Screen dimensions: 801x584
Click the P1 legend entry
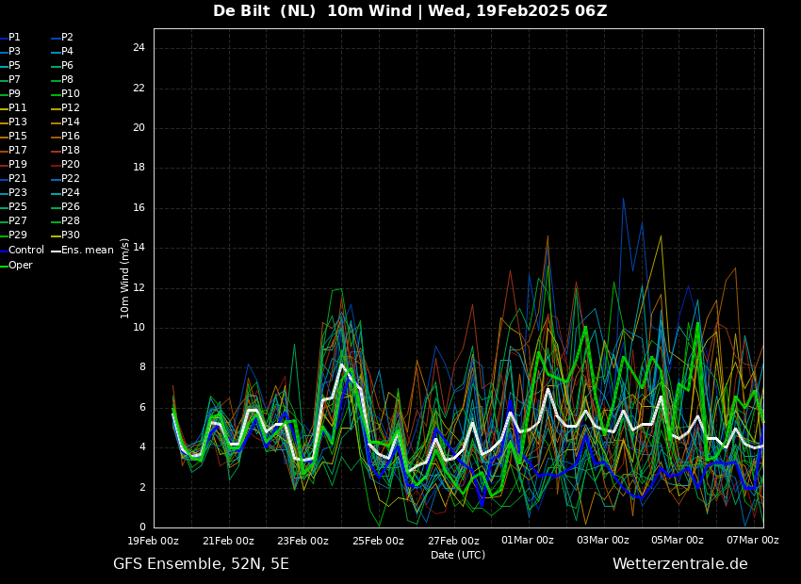(x=10, y=38)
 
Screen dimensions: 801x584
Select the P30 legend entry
(x=65, y=235)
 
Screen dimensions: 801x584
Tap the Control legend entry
(x=22, y=251)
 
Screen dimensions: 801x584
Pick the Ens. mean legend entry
(x=82, y=251)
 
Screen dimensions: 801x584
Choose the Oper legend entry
(x=16, y=265)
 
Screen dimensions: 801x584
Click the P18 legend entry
(x=65, y=150)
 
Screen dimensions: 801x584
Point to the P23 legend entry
(x=13, y=192)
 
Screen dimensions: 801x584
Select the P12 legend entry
(x=65, y=107)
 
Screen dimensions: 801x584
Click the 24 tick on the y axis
(x=139, y=48)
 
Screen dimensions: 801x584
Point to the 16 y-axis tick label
(x=139, y=208)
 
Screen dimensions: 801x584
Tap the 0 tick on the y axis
(x=142, y=527)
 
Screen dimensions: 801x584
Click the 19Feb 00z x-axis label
(x=154, y=540)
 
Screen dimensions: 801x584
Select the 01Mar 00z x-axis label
(x=529, y=540)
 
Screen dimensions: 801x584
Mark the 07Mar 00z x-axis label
(x=753, y=540)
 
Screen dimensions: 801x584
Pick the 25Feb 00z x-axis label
(x=379, y=540)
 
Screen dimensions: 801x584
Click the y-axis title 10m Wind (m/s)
(x=124, y=278)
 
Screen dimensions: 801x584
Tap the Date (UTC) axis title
(x=458, y=555)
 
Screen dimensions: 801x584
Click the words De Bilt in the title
(x=241, y=10)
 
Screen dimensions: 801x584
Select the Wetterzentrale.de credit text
(x=680, y=564)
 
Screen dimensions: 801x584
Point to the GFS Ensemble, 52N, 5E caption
(x=202, y=564)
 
